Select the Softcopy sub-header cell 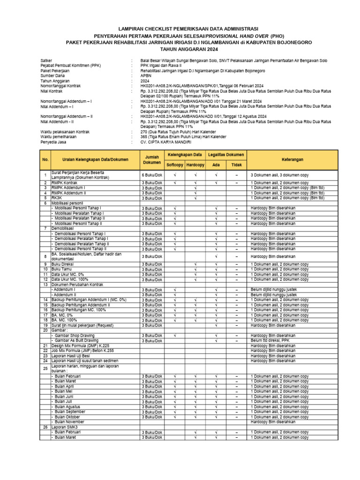pyautogui.click(x=174, y=165)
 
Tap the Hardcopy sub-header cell pyautogui.click(x=195, y=165)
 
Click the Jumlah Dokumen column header pyautogui.click(x=151, y=159)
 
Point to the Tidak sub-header pyautogui.click(x=237, y=165)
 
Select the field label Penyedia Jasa pyautogui.click(x=53, y=142)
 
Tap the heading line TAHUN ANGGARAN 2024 pyautogui.click(x=180, y=49)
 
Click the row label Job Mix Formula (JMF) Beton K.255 pyautogui.click(x=82, y=351)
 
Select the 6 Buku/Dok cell pyautogui.click(x=151, y=175)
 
